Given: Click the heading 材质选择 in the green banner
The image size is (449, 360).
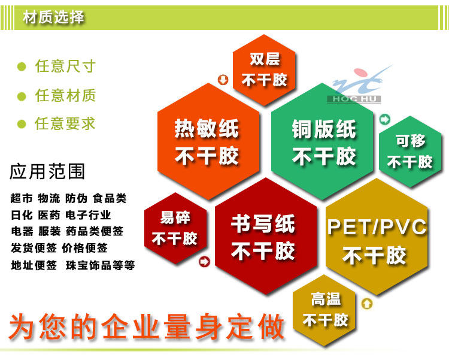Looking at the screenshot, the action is tap(53, 17).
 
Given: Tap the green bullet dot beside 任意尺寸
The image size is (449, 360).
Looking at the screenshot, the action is tap(22, 66).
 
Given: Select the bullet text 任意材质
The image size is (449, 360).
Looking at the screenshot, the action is tap(65, 95).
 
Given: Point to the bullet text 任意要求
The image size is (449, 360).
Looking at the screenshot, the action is tap(65, 124).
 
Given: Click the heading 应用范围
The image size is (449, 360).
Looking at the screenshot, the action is tap(47, 172).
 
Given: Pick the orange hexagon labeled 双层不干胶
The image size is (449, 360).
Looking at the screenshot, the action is tap(264, 70).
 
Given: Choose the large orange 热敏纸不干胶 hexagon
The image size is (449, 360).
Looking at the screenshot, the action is tap(208, 141).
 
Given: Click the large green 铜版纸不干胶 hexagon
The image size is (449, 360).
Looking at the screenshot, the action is tap(323, 141).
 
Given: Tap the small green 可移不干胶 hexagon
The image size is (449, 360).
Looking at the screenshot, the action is tap(410, 152).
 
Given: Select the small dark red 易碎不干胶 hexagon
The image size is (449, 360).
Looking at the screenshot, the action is tap(175, 228).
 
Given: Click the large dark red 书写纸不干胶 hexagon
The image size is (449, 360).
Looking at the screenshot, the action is tap(266, 236).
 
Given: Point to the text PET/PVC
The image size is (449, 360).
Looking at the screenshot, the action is tap(377, 227).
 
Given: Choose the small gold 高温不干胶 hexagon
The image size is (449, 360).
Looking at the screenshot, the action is tap(324, 310).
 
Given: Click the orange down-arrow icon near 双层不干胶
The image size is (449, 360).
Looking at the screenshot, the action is tap(223, 80).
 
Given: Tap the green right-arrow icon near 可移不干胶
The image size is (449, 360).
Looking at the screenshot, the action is tap(384, 119).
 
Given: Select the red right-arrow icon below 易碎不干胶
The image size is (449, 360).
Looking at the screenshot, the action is tap(205, 261).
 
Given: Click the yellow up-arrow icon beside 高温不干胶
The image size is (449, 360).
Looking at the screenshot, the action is tap(367, 304).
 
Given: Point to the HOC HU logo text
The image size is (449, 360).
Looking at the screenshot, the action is tap(354, 99).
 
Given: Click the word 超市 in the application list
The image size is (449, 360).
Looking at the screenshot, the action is tap(22, 198).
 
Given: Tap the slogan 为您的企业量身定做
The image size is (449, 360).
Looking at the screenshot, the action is tap(147, 326).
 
